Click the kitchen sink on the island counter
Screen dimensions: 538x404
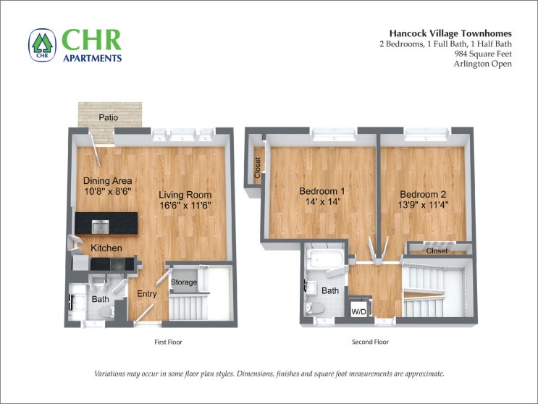100,227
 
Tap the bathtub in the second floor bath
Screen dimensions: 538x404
325,259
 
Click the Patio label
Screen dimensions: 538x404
109,117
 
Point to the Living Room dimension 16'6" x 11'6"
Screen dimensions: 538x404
185,206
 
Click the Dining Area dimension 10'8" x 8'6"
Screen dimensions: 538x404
108,191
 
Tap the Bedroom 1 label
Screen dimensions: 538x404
321,191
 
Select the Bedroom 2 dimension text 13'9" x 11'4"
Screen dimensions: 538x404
423,205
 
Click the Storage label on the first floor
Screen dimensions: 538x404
184,282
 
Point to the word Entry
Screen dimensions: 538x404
146,294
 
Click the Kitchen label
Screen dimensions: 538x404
106,248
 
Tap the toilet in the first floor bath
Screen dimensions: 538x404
106,313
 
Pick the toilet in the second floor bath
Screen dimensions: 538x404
315,308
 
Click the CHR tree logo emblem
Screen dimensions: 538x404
42,46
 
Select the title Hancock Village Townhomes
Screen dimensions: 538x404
450,33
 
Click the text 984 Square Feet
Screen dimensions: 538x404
483,54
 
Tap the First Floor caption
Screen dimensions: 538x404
168,342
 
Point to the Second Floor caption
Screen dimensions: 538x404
370,342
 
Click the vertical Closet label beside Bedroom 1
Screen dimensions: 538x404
258,168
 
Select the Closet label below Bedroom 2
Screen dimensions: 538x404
437,251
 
